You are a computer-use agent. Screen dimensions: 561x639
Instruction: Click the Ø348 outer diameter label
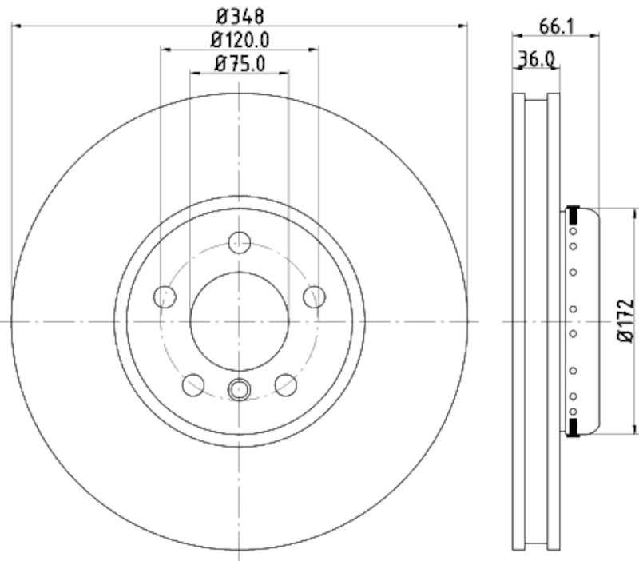click(240, 14)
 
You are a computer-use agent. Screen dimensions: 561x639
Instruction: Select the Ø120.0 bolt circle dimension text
click(240, 39)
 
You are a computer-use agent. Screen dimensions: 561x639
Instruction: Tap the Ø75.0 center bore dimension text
click(240, 63)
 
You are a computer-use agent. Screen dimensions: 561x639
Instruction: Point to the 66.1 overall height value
click(558, 26)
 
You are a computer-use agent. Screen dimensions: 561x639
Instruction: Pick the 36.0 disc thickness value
click(536, 58)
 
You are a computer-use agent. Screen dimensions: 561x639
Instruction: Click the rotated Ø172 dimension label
click(625, 321)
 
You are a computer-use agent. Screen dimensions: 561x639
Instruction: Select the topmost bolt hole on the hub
click(240, 242)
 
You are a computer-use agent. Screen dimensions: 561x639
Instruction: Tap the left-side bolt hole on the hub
click(165, 296)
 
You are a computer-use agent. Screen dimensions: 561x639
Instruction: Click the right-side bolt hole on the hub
click(315, 296)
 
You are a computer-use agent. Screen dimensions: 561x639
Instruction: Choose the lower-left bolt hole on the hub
click(193, 385)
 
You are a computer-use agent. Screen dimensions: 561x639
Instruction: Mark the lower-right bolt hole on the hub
click(286, 385)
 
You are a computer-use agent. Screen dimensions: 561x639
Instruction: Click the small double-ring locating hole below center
click(240, 390)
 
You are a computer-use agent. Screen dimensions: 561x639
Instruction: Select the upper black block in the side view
click(572, 214)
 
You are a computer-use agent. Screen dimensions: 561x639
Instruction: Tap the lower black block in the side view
click(572, 428)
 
